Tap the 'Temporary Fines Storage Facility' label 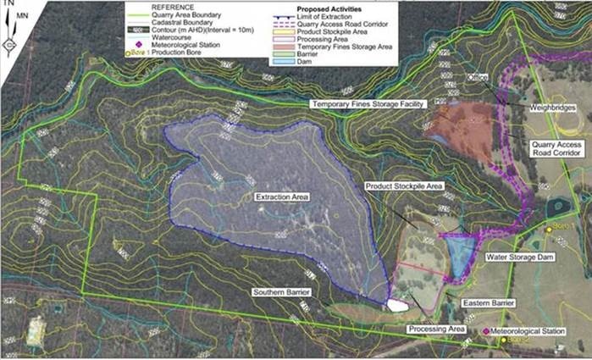coord(366,103)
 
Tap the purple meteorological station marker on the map coord(485,331)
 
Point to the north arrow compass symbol coord(9,36)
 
